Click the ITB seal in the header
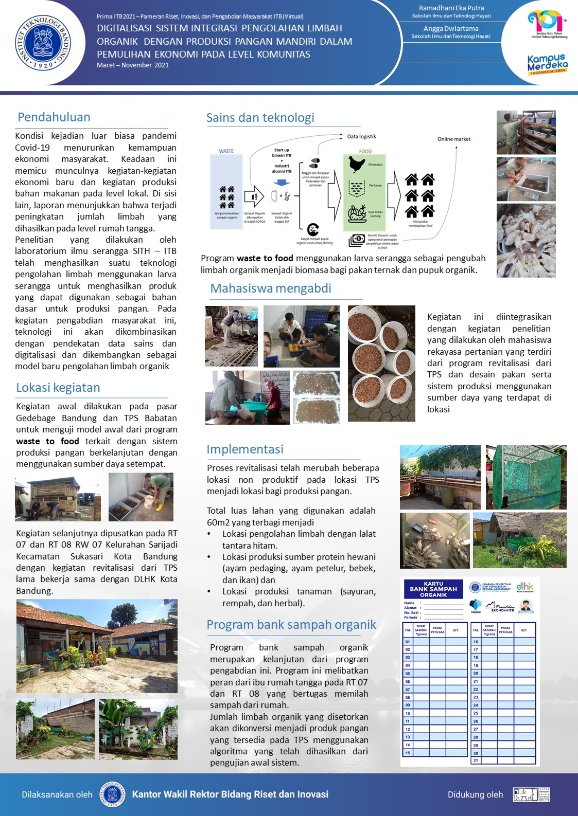(43, 43)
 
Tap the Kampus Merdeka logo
(547, 64)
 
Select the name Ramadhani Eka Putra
(451, 8)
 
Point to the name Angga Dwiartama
(451, 29)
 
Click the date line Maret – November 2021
(133, 65)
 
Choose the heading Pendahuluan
(54, 117)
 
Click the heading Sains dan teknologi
(260, 118)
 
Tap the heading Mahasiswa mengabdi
(271, 288)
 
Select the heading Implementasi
(245, 449)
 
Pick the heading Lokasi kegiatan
(58, 388)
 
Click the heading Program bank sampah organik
(291, 625)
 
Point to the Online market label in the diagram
(454, 139)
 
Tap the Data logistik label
(361, 137)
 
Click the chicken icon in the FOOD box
(357, 164)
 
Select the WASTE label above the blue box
(226, 151)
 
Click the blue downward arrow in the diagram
(282, 183)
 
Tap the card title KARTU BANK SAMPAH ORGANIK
(433, 589)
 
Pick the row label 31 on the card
(476, 760)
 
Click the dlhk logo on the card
(525, 587)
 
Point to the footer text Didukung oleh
(475, 794)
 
